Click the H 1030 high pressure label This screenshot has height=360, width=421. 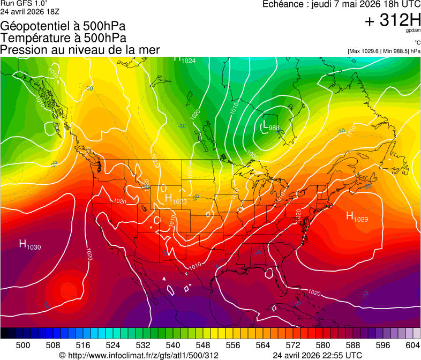tap(30, 245)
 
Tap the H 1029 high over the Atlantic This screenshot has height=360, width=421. tap(357, 216)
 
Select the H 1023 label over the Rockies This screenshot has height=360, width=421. tap(176, 199)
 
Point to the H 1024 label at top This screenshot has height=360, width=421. tap(185, 59)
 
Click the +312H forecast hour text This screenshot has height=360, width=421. tap(393, 21)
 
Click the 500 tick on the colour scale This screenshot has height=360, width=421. tap(23, 345)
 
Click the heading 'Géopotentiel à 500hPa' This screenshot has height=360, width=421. tap(63, 26)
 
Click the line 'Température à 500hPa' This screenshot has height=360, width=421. tap(63, 38)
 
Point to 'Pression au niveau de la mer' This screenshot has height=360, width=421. tap(80, 50)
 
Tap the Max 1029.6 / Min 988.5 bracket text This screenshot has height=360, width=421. tap(384, 51)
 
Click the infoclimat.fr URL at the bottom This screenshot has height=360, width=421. tap(139, 355)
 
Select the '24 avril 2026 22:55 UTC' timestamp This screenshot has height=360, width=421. tap(317, 355)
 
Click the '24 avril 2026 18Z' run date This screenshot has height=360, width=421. tap(30, 11)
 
